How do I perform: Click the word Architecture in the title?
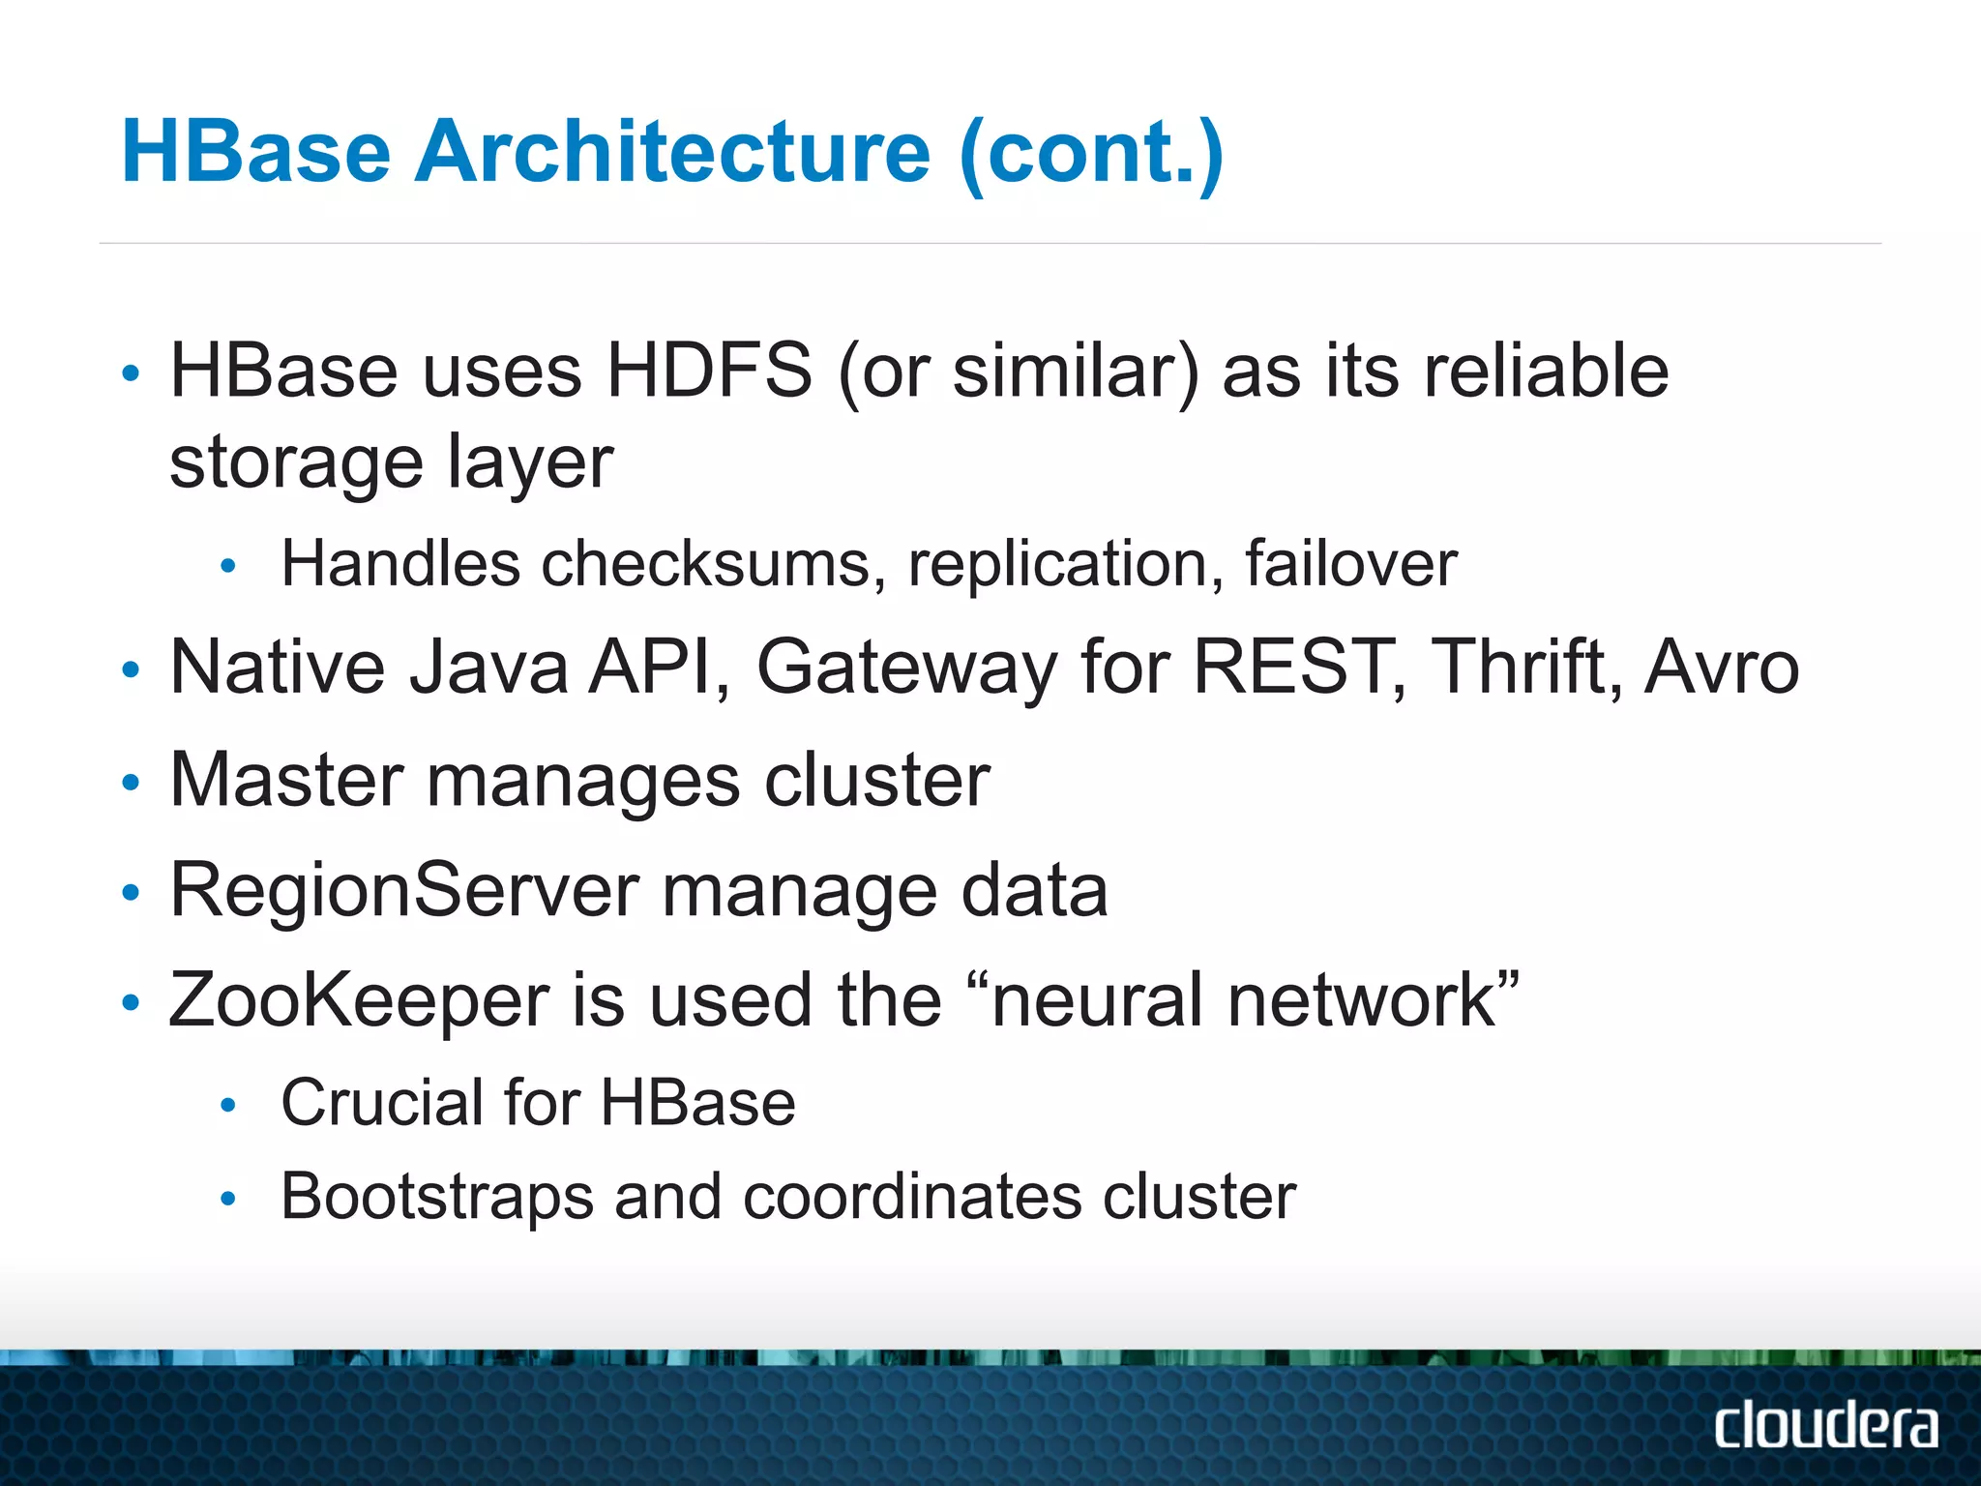coord(672,152)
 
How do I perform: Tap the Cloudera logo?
coord(1826,1426)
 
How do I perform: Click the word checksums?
coord(705,563)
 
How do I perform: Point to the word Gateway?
coord(906,669)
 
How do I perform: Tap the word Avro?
coord(1722,667)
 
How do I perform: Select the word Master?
coord(286,779)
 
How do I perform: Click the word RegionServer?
coord(404,889)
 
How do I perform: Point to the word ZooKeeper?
coord(359,1000)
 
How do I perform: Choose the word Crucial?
coord(382,1102)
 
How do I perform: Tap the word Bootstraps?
coord(437,1197)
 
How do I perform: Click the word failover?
coord(1350,563)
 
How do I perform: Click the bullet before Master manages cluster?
coord(132,782)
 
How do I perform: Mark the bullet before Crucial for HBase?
coord(228,1105)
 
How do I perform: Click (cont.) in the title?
coord(1091,152)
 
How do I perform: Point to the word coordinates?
coord(912,1197)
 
